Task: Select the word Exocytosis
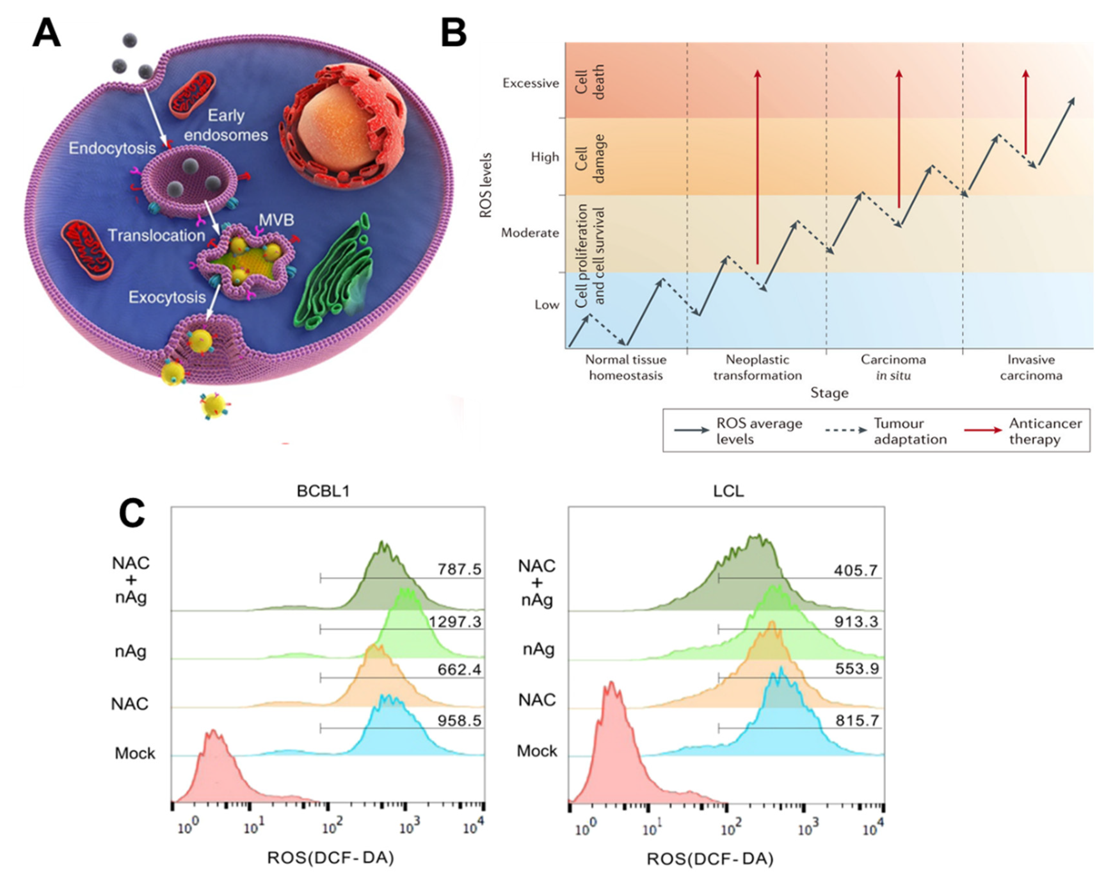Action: [x=167, y=297]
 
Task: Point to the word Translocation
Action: [x=156, y=235]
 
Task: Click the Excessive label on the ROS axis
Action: [x=531, y=83]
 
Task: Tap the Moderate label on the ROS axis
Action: [x=530, y=233]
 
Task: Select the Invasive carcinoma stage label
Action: [x=1031, y=367]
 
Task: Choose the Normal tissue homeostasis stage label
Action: [x=626, y=367]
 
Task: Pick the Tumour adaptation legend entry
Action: [x=910, y=431]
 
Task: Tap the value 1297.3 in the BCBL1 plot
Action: [x=455, y=622]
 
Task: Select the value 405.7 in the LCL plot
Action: [x=855, y=570]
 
